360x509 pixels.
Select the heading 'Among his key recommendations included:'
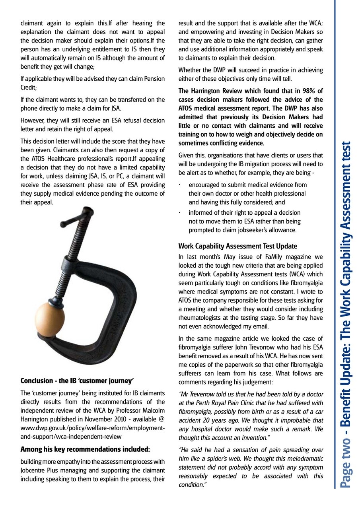(85, 449)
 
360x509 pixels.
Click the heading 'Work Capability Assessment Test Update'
(237, 246)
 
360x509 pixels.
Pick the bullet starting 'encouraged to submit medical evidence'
(247, 193)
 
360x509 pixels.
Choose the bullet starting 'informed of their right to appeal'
(244, 221)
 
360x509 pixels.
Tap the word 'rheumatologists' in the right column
(200, 318)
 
